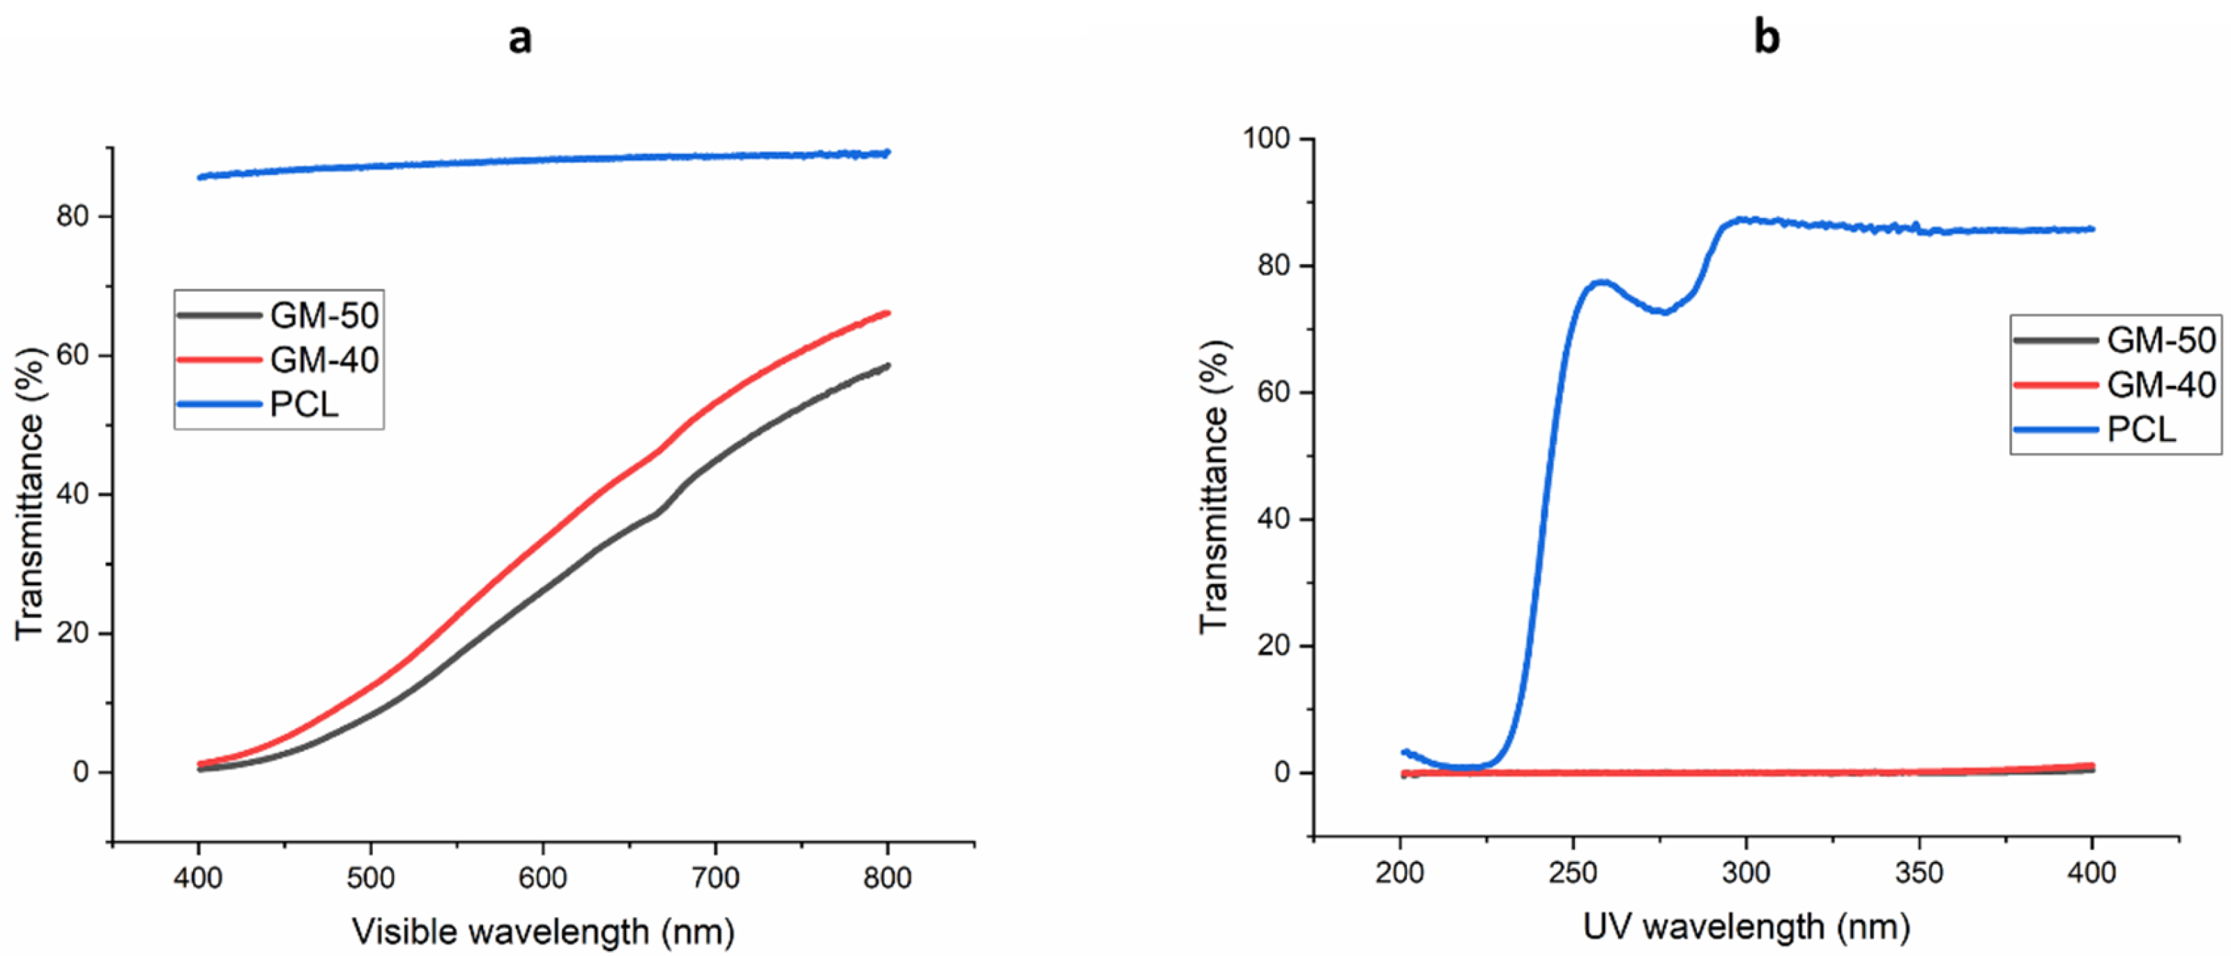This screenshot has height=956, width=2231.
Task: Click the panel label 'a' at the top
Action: (x=519, y=38)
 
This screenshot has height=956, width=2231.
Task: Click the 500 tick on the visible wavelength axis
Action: (x=371, y=878)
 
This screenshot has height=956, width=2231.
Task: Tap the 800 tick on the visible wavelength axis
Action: (x=887, y=878)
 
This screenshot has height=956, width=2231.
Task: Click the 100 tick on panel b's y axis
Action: (x=1266, y=139)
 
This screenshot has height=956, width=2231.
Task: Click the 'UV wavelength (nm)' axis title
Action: (x=1746, y=927)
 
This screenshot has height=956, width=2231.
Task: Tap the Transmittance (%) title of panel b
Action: (x=1215, y=486)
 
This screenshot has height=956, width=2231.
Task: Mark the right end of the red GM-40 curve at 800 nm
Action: (x=887, y=313)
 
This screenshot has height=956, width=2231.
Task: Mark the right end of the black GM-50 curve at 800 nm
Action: (x=887, y=365)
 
